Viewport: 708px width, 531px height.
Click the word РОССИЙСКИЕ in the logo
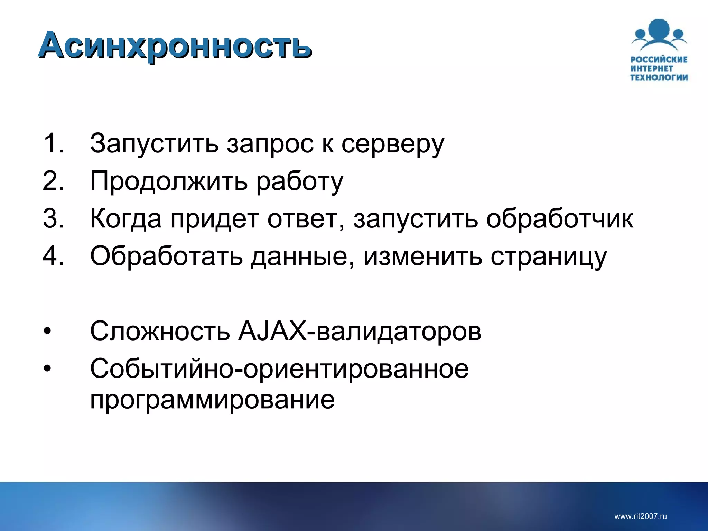659,59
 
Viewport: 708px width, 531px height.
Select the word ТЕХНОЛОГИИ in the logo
659,77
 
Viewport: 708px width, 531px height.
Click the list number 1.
53,143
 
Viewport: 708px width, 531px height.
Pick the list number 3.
53,218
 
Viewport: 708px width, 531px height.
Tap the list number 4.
53,256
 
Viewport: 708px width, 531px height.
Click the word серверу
393,145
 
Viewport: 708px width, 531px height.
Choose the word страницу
549,257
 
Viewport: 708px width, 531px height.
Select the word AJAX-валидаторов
360,331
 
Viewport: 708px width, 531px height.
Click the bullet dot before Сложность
47,331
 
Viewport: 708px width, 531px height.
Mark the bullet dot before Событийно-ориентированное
47,369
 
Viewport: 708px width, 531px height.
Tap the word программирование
212,400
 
